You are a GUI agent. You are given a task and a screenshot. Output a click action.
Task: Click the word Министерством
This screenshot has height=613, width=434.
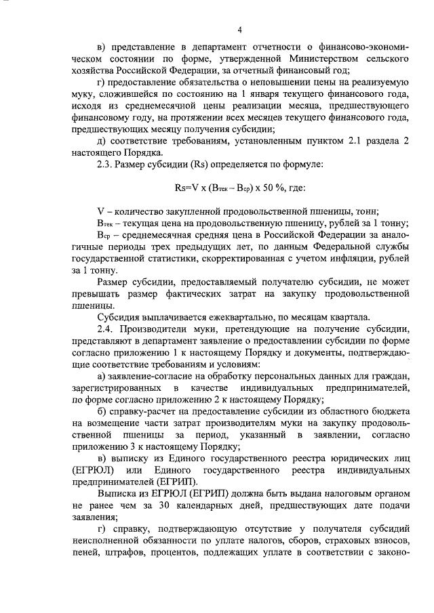click(x=307, y=58)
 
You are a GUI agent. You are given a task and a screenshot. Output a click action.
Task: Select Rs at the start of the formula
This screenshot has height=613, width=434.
click(x=180, y=191)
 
